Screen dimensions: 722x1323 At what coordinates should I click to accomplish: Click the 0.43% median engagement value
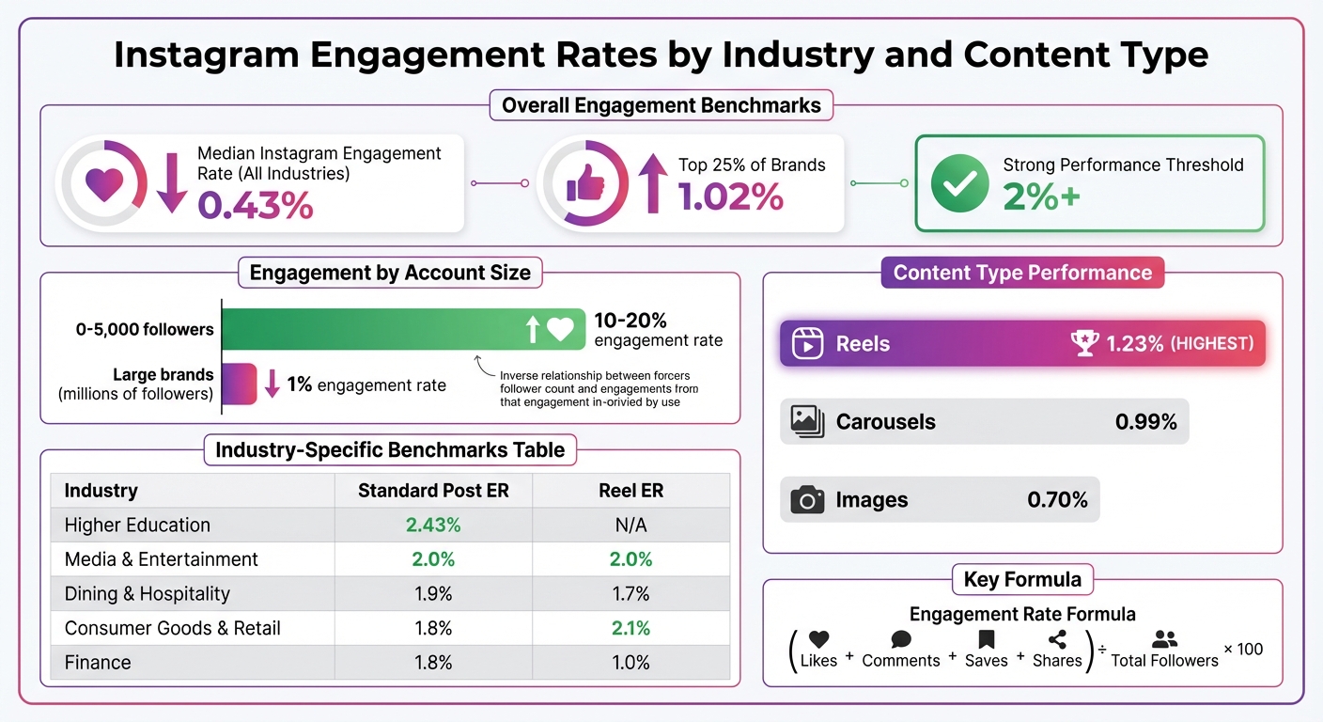pos(256,204)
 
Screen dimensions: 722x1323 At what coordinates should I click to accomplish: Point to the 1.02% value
pos(731,196)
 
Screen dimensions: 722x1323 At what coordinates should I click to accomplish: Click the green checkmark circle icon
pos(959,183)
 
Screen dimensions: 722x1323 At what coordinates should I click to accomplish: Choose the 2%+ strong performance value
pos(1041,196)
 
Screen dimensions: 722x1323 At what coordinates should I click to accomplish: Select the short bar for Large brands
pos(239,384)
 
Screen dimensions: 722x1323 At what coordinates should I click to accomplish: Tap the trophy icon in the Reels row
pos(1084,343)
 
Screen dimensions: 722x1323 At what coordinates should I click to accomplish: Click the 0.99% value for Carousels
pos(1145,422)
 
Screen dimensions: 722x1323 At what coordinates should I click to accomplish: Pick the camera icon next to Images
pos(807,500)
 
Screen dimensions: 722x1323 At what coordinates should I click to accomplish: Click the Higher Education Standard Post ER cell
pos(433,525)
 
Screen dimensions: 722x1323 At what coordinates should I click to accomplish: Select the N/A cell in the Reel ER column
pos(630,525)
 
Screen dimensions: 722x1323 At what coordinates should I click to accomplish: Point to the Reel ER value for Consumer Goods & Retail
pos(630,628)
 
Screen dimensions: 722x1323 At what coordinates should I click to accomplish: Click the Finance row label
pos(98,663)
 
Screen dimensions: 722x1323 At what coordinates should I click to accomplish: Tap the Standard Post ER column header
pos(433,491)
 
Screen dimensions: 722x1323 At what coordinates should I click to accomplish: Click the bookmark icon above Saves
pos(986,640)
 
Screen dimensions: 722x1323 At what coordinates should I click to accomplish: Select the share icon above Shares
pos(1057,640)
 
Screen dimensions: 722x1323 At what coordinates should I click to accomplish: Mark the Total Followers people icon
pos(1164,640)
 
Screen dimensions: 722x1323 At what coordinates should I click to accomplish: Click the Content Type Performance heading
pos(1022,273)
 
